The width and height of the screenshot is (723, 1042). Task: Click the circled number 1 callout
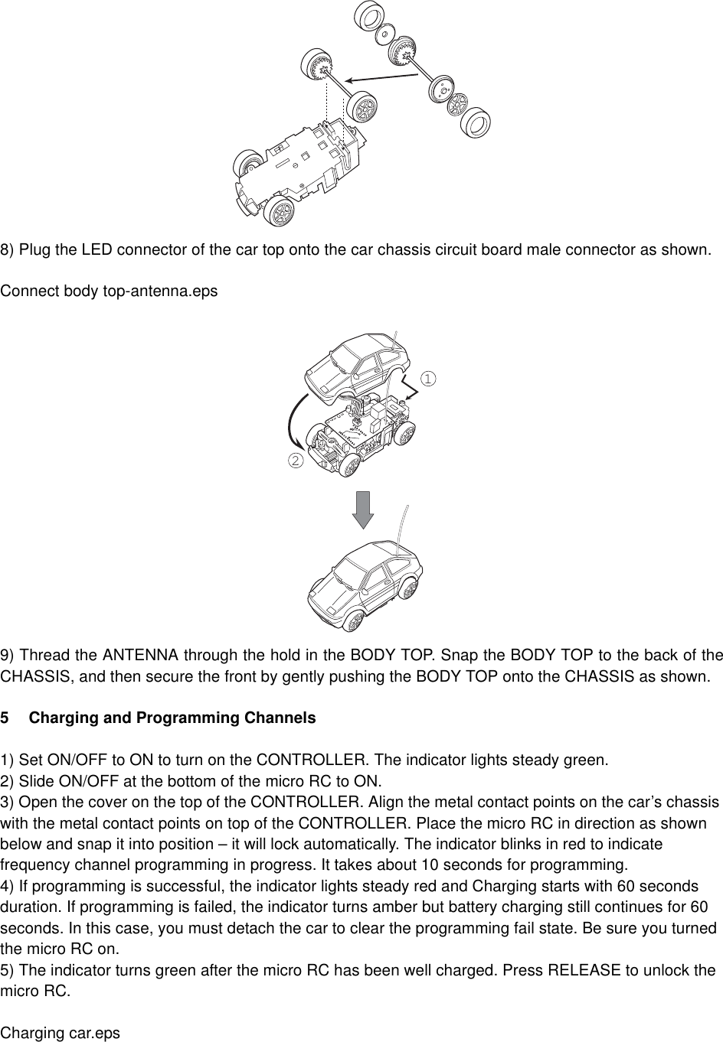(x=428, y=378)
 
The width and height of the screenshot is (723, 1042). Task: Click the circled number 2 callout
(x=294, y=460)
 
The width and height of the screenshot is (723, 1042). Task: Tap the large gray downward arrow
(x=362, y=510)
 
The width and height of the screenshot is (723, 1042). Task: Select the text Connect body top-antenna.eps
(x=109, y=291)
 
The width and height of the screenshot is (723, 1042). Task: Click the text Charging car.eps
(x=61, y=1033)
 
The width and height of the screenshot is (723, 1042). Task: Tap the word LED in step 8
(x=97, y=249)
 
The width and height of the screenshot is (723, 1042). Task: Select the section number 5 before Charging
(x=5, y=718)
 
